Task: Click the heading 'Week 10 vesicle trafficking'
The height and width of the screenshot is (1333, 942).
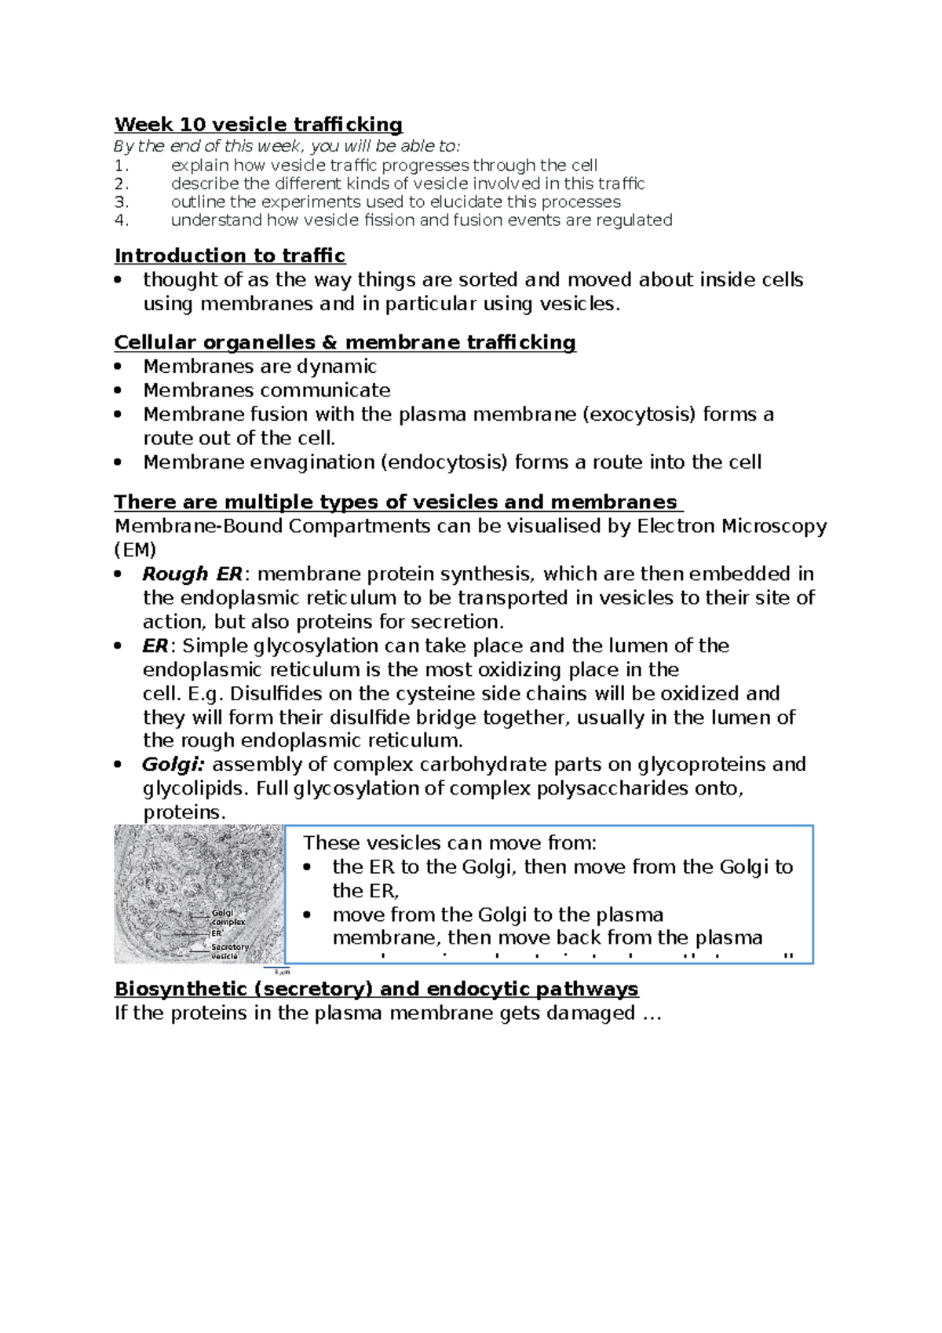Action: tap(258, 125)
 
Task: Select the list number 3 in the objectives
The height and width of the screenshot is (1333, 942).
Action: tap(121, 202)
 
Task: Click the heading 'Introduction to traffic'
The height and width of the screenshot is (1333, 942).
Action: tap(230, 256)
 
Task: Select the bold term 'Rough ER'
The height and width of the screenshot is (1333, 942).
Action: tap(192, 574)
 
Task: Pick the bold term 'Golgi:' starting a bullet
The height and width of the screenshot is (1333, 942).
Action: tap(173, 765)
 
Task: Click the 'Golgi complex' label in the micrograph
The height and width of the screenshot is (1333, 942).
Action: tap(227, 917)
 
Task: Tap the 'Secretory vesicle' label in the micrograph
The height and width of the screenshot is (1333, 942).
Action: tap(228, 951)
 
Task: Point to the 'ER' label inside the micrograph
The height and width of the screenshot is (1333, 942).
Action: tap(217, 933)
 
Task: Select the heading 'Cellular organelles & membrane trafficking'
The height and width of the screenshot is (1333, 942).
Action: tap(345, 343)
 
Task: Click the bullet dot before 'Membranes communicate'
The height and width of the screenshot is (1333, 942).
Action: tap(119, 391)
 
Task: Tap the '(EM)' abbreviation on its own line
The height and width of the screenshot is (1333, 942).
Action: tap(135, 550)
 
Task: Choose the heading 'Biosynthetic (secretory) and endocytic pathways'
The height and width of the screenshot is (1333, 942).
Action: tap(376, 989)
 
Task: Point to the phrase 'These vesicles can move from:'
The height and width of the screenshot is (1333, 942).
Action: tap(450, 843)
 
